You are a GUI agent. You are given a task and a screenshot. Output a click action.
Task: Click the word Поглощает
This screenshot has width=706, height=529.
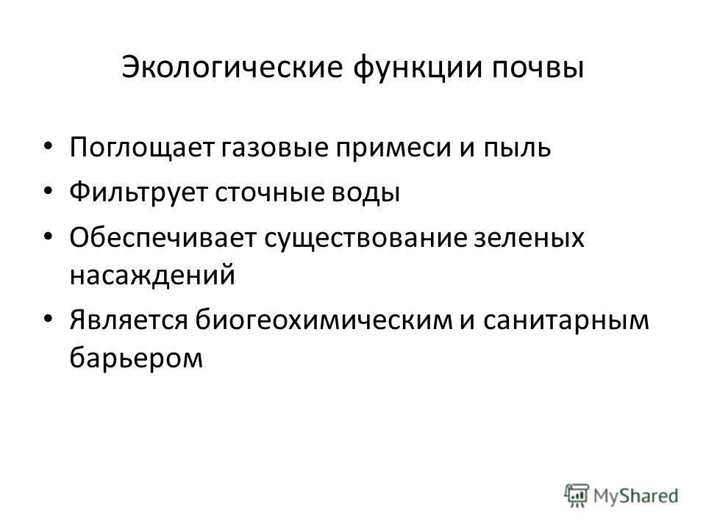(141, 148)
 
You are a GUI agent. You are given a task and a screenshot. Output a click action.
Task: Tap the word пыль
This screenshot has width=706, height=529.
(517, 148)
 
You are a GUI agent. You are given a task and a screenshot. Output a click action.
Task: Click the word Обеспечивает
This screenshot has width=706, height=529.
(163, 237)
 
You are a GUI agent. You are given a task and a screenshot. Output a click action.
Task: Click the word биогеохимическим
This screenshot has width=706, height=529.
(324, 320)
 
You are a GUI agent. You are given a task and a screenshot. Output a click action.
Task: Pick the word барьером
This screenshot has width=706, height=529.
(137, 357)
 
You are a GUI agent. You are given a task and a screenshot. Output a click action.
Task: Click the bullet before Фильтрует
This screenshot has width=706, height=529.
(49, 191)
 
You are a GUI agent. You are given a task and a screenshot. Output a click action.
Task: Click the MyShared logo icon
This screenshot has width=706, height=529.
(577, 496)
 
